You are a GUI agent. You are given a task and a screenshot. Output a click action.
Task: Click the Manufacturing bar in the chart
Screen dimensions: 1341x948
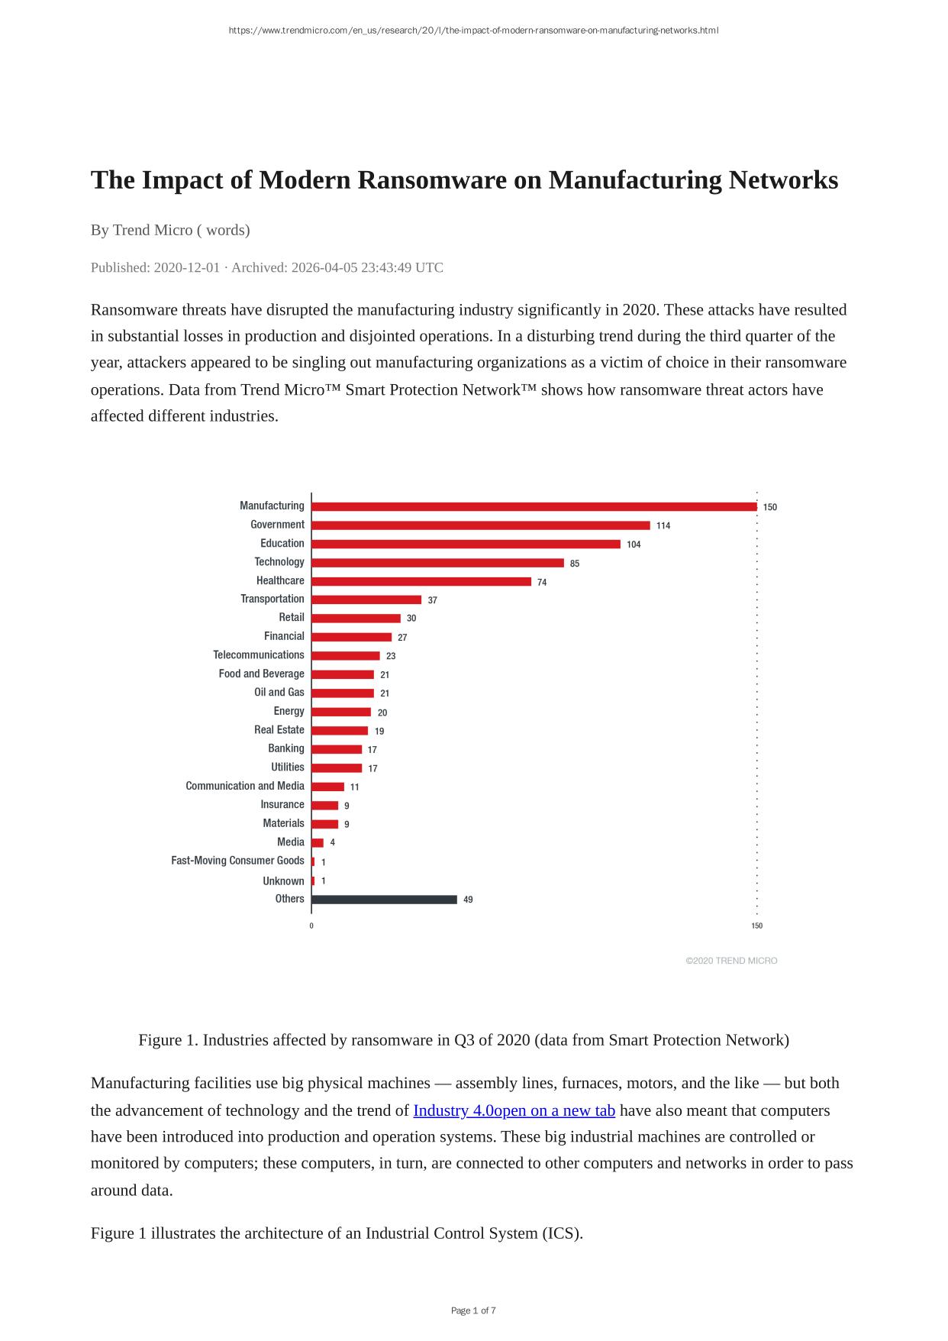pyautogui.click(x=534, y=506)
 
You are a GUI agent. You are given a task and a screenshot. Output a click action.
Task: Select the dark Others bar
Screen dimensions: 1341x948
pyautogui.click(x=384, y=900)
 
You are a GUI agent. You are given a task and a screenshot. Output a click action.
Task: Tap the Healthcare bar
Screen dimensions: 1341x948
pyautogui.click(x=421, y=582)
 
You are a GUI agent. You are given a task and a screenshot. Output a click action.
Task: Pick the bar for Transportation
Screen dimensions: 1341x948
pyautogui.click(x=366, y=600)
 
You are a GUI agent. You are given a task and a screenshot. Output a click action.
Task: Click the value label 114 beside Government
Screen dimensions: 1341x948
pyautogui.click(x=663, y=525)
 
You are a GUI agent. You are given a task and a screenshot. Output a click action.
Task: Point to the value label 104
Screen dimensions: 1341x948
pyautogui.click(x=634, y=544)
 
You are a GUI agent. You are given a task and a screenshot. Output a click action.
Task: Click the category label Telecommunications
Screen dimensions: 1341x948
pyautogui.click(x=259, y=655)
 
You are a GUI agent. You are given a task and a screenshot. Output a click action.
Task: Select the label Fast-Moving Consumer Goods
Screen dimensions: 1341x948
pyautogui.click(x=237, y=861)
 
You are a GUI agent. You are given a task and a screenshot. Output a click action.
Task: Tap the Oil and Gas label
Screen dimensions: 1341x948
pyautogui.click(x=279, y=693)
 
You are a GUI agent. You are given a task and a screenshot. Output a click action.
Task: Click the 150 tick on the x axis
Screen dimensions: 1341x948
pyautogui.click(x=756, y=926)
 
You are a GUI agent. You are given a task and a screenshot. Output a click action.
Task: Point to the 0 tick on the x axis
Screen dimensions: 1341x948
pyautogui.click(x=311, y=926)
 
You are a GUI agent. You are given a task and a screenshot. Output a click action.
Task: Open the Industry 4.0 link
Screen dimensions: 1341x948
pyautogui.click(x=514, y=1110)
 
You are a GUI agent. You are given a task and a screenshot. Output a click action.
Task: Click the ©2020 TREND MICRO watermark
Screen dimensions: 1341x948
pyautogui.click(x=731, y=961)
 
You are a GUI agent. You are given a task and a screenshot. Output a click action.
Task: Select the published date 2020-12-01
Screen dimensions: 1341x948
pyautogui.click(x=187, y=268)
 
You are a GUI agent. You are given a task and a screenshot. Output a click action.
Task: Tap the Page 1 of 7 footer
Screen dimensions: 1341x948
pyautogui.click(x=473, y=1310)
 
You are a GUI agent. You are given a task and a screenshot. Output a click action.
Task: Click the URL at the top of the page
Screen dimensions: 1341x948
pyautogui.click(x=473, y=31)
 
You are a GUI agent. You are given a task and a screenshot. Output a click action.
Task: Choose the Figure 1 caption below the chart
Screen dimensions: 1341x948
pyautogui.click(x=463, y=1040)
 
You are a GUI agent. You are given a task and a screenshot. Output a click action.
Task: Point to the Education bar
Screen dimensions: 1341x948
pyautogui.click(x=466, y=544)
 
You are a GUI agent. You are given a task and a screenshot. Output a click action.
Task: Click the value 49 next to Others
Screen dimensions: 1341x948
pyautogui.click(x=468, y=900)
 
